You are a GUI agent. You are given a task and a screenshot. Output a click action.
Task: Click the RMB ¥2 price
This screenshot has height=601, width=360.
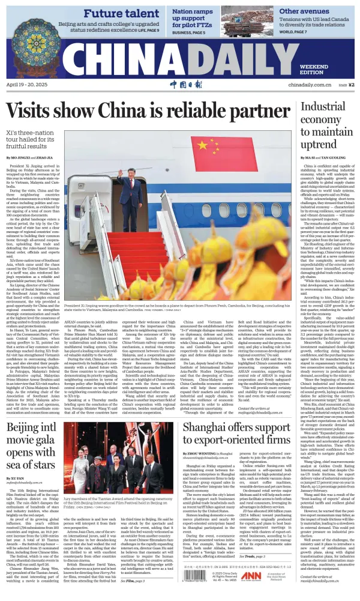347,85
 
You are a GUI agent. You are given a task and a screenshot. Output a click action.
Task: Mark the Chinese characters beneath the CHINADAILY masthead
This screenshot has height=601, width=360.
181,84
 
